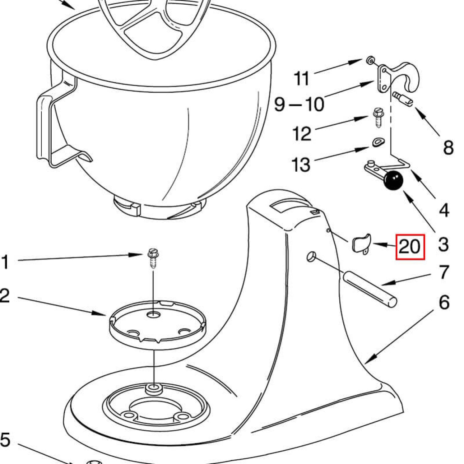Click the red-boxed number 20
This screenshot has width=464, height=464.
[x=410, y=247]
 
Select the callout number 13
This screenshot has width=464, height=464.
[x=301, y=164]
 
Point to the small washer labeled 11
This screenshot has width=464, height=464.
[x=370, y=61]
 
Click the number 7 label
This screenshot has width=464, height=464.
[x=444, y=272]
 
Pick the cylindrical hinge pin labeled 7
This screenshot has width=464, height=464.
[x=369, y=289]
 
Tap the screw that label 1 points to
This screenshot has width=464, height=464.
[x=153, y=258]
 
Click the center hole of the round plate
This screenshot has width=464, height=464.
[x=153, y=315]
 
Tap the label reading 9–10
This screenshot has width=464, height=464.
[x=299, y=104]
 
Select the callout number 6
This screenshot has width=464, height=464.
[x=444, y=303]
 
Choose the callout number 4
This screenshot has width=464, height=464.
[x=444, y=210]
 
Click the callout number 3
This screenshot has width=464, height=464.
[x=443, y=244]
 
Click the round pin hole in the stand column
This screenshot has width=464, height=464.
[x=311, y=256]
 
